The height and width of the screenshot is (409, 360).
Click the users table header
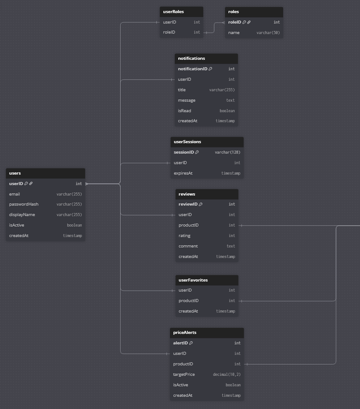click(15, 173)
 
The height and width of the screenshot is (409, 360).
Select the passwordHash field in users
click(24, 204)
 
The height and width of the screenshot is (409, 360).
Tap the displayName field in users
click(22, 215)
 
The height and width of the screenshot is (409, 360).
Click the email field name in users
click(14, 194)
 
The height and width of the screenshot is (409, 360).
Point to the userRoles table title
click(173, 12)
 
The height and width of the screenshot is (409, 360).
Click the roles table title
click(234, 12)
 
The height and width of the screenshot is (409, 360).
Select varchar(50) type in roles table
click(268, 33)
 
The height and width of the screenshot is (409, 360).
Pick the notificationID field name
click(192, 69)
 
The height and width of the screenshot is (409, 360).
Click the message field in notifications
click(187, 100)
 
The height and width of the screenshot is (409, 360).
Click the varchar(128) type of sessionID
click(227, 152)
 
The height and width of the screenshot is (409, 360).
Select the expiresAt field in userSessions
click(183, 173)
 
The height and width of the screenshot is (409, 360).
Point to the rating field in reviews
click(184, 236)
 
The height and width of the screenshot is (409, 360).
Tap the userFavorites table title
click(193, 280)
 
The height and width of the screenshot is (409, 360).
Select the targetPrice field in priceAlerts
click(184, 375)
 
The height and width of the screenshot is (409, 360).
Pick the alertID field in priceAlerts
click(180, 343)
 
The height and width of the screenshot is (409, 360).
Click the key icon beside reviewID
click(201, 204)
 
